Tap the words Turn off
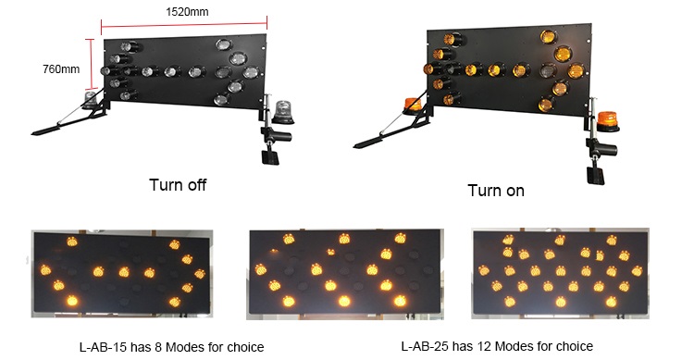click(178, 185)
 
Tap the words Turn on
click(496, 191)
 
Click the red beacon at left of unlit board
click(92, 98)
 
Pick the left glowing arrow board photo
click(120, 274)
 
